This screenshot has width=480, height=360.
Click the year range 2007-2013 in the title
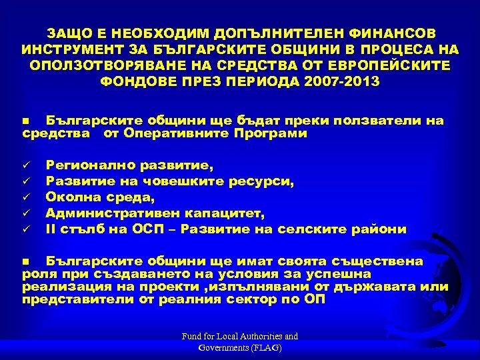click(340, 81)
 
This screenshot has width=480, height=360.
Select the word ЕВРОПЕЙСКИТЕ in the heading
click(393, 65)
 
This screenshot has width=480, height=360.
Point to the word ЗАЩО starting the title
click(66, 32)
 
